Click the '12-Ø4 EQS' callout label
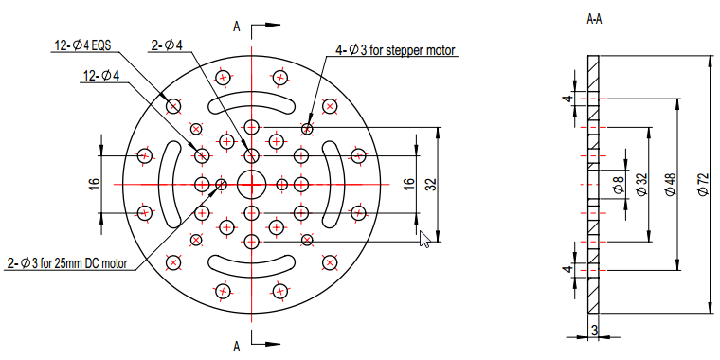83,45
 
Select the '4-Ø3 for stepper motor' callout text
395,50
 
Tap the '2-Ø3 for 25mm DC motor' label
67,263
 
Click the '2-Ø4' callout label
167,45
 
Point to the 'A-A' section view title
594,19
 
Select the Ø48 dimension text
672,185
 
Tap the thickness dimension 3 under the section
594,330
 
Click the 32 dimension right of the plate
433,184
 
